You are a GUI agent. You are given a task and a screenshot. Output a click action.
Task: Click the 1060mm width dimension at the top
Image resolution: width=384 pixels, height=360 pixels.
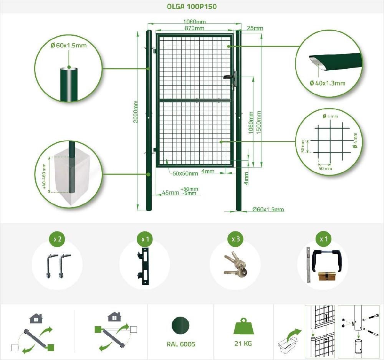click(x=194, y=21)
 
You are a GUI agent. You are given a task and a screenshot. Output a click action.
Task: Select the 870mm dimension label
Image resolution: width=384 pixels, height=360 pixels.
click(x=194, y=28)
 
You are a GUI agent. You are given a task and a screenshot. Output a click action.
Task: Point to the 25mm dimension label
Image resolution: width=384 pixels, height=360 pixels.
click(x=255, y=28)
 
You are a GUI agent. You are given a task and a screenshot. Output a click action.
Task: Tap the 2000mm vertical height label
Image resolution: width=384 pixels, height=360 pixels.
click(x=135, y=112)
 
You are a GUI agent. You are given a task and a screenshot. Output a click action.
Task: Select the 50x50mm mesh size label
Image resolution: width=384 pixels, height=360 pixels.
click(x=185, y=173)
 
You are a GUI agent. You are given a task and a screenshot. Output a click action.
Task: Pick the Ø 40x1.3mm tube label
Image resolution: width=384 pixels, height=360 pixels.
click(x=328, y=83)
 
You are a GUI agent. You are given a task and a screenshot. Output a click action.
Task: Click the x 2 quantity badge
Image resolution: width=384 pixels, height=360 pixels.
click(x=57, y=239)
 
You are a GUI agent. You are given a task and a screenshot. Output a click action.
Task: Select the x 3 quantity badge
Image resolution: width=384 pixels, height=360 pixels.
click(x=236, y=239)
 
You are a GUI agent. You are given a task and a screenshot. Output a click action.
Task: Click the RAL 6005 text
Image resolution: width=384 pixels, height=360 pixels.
click(x=181, y=344)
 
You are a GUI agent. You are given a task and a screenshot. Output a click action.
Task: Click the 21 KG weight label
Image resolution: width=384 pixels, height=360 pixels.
click(x=243, y=343)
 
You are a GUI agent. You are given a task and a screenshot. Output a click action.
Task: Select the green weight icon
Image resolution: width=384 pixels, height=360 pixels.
click(x=243, y=327)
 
